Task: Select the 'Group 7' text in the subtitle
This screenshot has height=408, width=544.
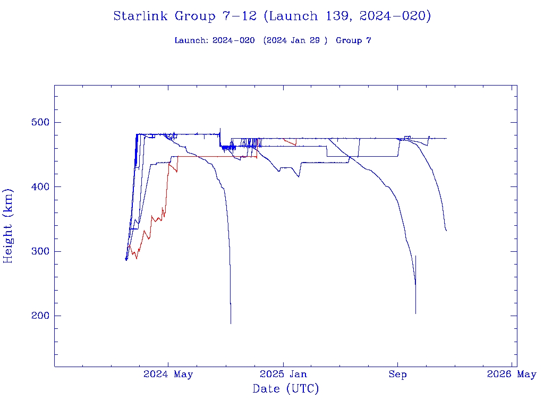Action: (x=353, y=41)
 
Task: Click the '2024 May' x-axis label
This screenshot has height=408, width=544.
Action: (x=168, y=375)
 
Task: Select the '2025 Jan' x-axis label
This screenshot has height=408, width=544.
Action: (x=283, y=375)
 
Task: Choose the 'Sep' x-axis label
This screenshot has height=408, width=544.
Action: (x=397, y=375)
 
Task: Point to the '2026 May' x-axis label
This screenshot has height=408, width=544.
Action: (x=512, y=375)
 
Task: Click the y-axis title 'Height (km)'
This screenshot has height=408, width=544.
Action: (x=8, y=226)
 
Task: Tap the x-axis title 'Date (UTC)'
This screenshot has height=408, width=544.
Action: (x=286, y=389)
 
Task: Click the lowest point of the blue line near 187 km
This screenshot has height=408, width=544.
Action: (x=231, y=322)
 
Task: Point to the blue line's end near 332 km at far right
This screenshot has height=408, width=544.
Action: (x=446, y=230)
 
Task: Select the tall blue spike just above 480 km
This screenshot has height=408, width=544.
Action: (x=220, y=130)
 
